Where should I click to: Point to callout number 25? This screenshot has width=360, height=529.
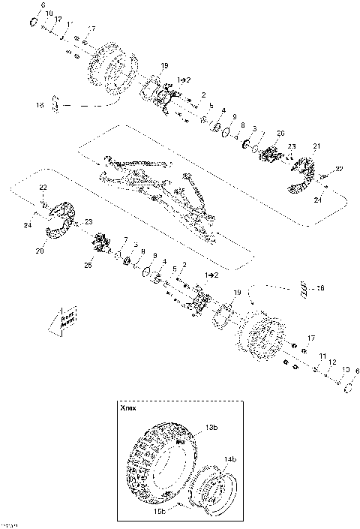coord(88,266)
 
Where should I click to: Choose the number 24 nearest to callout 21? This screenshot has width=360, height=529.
coord(317,200)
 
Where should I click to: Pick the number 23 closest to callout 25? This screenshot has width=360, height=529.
coord(88,222)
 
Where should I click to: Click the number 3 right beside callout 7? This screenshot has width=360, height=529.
coord(134,245)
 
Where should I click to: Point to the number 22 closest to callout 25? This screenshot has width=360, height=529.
coord(43,186)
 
